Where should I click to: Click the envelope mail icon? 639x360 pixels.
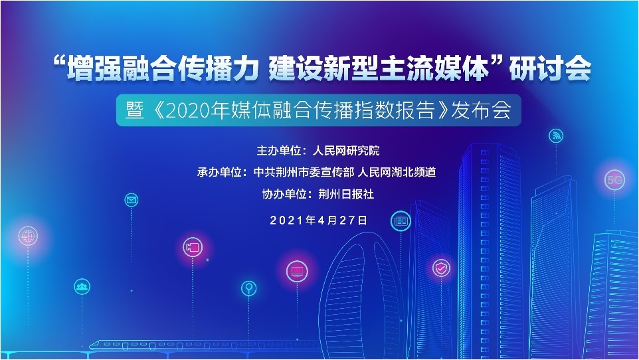click(132, 199)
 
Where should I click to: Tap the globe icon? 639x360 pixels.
click(28, 235)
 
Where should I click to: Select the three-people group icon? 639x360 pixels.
click(82, 287)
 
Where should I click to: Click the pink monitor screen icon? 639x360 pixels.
click(297, 271)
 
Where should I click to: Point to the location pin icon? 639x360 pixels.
click(248, 288)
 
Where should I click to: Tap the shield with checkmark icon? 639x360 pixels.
click(440, 268)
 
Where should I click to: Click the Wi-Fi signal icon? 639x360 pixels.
click(556, 136)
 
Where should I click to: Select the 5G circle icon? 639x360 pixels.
click(614, 179)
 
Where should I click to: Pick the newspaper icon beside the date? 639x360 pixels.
click(401, 221)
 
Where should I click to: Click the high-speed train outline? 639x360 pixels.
click(199, 344)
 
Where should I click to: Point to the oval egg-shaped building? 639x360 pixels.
click(362, 292)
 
